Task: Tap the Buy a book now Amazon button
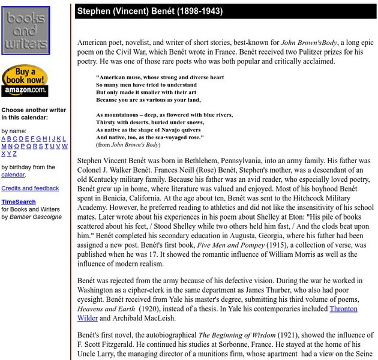click(x=25, y=81)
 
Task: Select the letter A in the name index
click(x=4, y=139)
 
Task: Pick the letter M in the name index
click(x=4, y=146)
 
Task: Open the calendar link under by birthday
click(x=13, y=175)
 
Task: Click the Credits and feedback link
click(x=30, y=188)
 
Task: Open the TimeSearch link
click(x=18, y=202)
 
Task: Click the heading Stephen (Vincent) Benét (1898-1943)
click(x=149, y=11)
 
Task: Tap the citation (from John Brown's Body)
click(x=128, y=145)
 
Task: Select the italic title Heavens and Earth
click(x=106, y=308)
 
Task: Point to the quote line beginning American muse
click(x=160, y=77)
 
